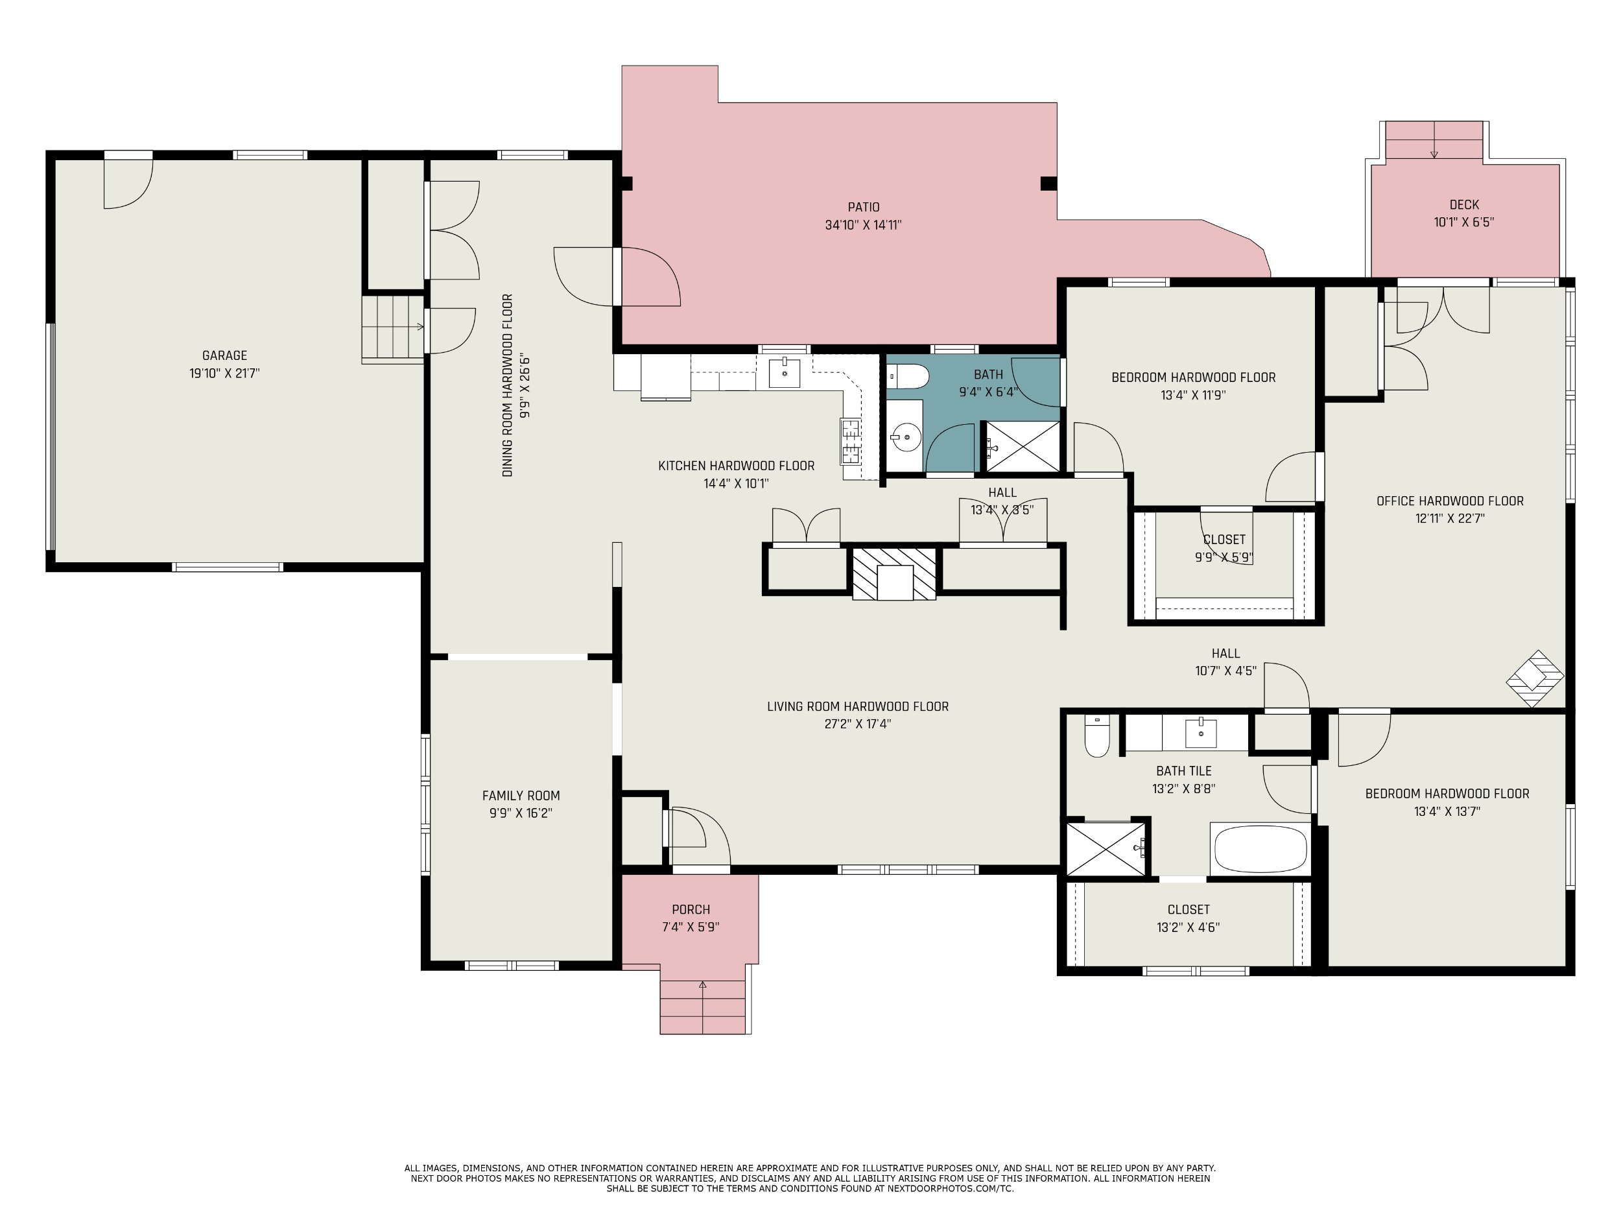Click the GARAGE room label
click(x=224, y=355)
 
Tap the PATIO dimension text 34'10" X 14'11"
click(x=863, y=225)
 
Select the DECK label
click(x=1464, y=204)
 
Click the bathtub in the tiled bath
click(x=1260, y=849)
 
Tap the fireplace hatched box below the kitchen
click(x=894, y=574)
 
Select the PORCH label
click(x=691, y=910)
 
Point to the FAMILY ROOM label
click(x=521, y=795)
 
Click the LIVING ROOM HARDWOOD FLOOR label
click(x=857, y=707)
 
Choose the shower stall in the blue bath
click(x=1023, y=446)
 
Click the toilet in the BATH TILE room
click(x=1097, y=735)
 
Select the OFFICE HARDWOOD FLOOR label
click(x=1450, y=501)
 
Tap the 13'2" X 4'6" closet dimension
click(x=1188, y=927)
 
